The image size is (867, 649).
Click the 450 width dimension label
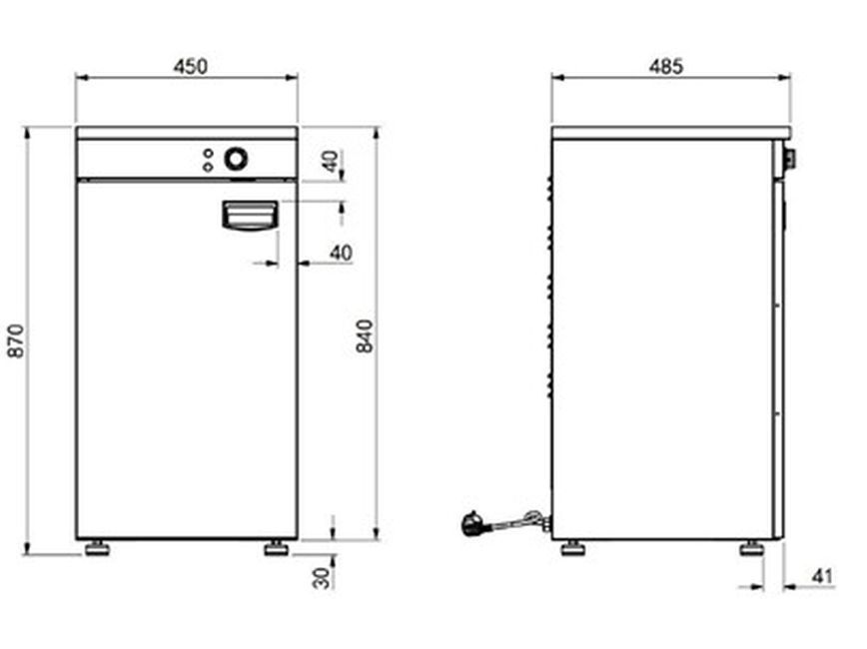(190, 66)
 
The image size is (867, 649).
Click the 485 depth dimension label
(665, 66)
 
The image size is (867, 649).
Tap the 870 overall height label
(17, 341)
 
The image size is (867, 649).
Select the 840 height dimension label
(365, 335)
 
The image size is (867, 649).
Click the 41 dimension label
(822, 576)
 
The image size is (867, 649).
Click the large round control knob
(236, 159)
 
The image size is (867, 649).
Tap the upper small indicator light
(208, 153)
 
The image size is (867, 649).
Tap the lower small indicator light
(208, 167)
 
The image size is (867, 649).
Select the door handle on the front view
(250, 215)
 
